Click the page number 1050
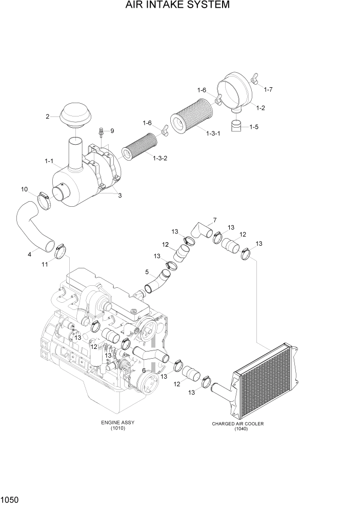[11, 499]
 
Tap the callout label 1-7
[268, 90]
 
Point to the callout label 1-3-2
[160, 158]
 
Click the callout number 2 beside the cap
[48, 116]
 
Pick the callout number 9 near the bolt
[112, 131]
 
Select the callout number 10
[24, 190]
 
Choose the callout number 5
[147, 272]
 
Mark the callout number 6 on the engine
[144, 370]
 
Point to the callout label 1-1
[49, 161]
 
